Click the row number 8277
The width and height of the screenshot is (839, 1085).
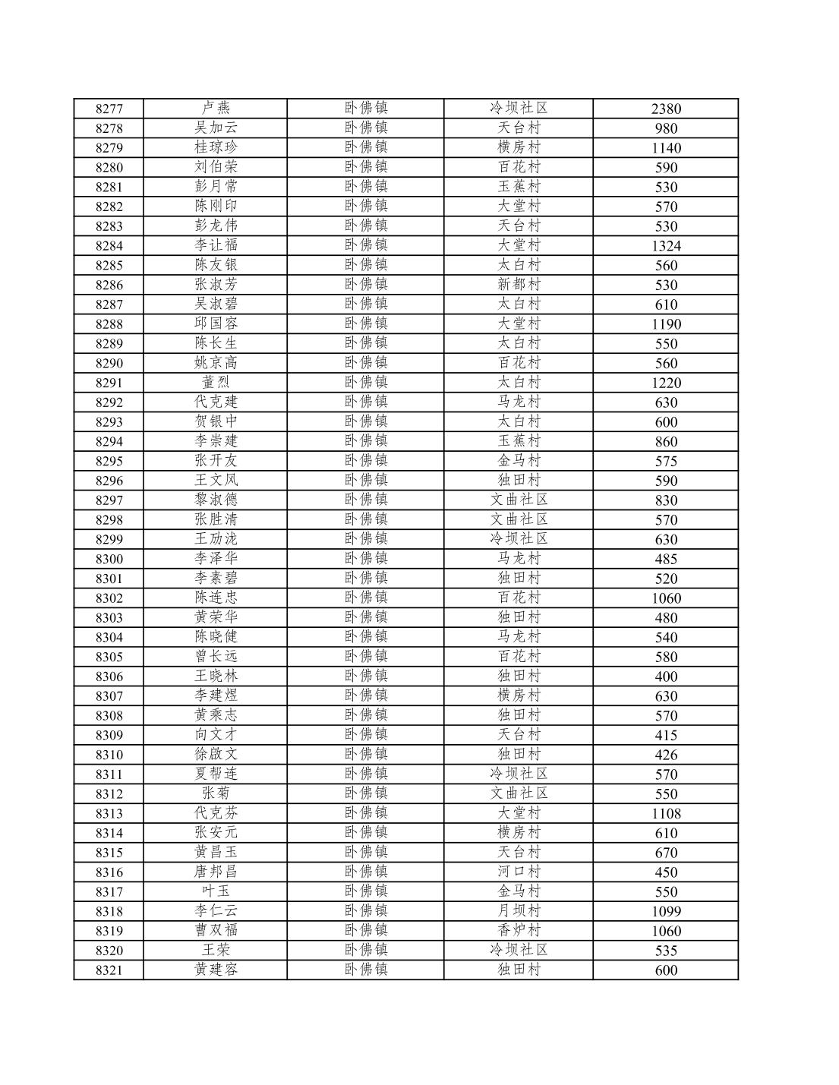[109, 109]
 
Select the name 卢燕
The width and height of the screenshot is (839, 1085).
[216, 108]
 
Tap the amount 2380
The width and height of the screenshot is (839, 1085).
[666, 109]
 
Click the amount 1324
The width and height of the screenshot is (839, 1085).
[666, 246]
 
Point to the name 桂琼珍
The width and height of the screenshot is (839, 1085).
[216, 147]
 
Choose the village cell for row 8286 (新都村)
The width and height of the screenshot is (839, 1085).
[519, 285]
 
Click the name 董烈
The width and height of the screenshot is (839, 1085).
[216, 383]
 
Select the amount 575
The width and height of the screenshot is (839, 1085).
[666, 462]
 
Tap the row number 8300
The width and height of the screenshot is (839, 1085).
[109, 560]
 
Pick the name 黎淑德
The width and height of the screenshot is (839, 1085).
[216, 500]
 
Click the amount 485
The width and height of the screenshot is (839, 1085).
[666, 560]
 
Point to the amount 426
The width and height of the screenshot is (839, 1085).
[666, 755]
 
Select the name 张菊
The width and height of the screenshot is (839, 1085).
[216, 793]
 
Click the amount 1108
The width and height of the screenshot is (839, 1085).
[666, 814]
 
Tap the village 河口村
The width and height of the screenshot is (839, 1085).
[519, 872]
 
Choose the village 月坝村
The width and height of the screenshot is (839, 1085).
[519, 911]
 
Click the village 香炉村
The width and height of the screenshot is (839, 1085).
[519, 931]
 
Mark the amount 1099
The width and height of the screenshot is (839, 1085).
[666, 912]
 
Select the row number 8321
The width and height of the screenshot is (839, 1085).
[109, 970]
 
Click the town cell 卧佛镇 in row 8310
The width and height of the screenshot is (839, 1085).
[365, 755]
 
